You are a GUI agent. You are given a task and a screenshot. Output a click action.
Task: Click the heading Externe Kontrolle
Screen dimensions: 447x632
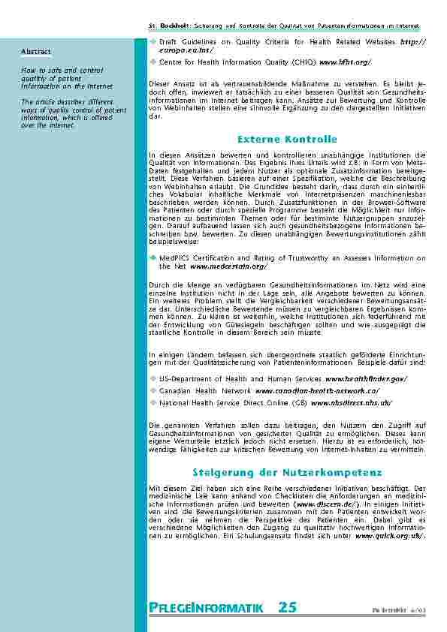coord(287,140)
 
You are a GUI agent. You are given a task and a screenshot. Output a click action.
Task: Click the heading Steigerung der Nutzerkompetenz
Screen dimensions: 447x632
coord(287,472)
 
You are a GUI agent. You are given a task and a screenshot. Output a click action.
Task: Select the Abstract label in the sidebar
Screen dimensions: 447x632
coord(35,52)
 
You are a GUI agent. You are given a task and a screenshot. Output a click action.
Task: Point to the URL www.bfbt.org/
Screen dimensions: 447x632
coord(346,62)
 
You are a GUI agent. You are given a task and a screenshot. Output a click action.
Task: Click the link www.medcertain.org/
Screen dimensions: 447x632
coord(228,266)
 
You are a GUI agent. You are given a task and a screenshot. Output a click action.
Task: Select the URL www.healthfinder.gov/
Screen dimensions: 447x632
coord(366,379)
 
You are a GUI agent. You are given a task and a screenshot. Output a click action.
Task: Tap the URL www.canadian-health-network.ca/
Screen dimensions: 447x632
coord(317,391)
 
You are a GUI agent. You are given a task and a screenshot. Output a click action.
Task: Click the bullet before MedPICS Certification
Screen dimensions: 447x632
coord(153,257)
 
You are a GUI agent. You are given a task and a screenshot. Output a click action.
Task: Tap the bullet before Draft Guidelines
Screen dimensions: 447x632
coord(153,42)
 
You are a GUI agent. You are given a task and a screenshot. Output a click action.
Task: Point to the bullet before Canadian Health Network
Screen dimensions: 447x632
coord(153,391)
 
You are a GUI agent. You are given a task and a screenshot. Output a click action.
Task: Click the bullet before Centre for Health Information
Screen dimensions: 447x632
coord(153,62)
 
